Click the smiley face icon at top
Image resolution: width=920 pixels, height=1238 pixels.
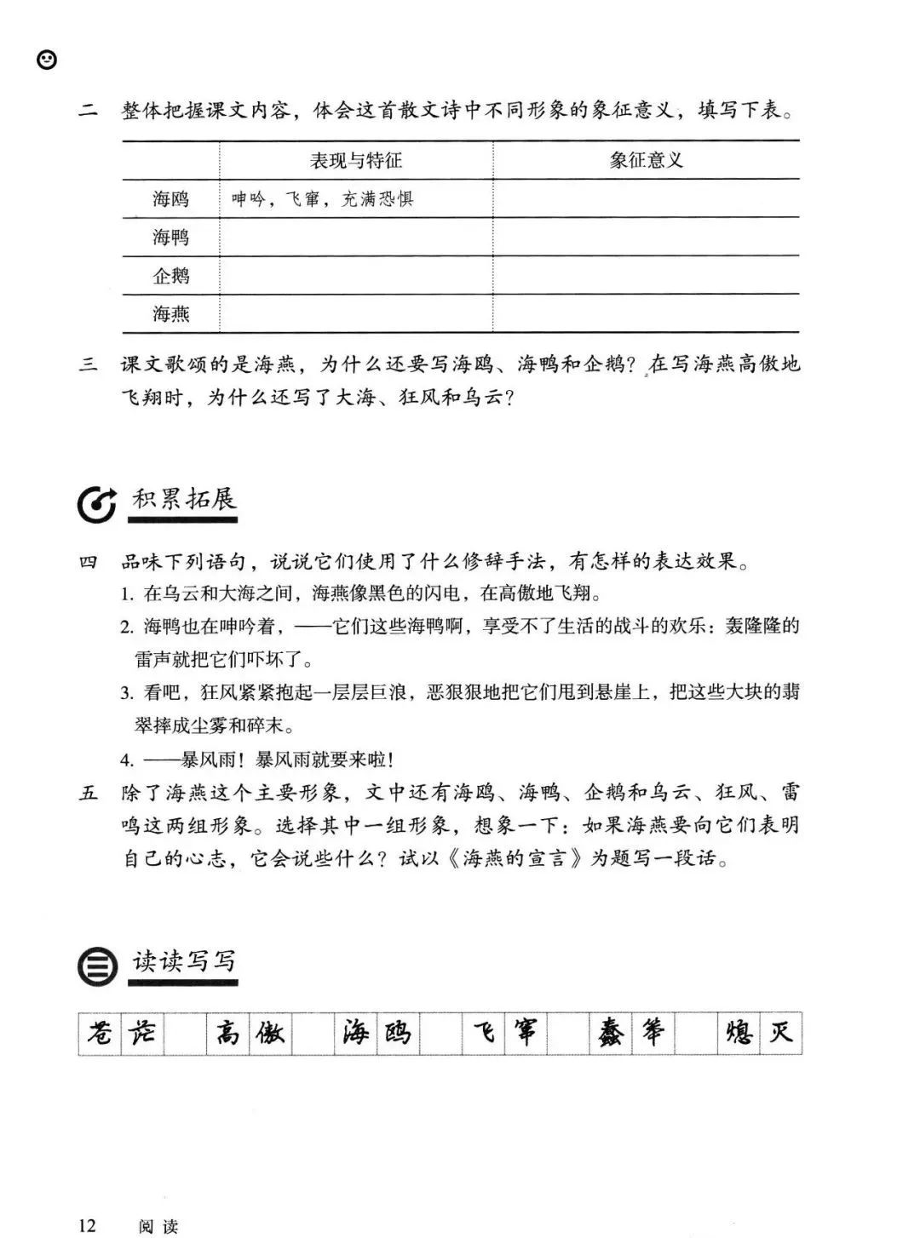48,60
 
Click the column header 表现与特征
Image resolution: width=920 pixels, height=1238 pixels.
356,160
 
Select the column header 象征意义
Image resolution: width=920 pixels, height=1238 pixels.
647,160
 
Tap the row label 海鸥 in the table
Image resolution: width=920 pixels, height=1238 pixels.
171,199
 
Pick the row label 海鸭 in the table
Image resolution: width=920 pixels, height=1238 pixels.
171,238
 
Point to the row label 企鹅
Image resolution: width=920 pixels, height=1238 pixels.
171,276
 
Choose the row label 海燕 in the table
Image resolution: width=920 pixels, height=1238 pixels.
171,314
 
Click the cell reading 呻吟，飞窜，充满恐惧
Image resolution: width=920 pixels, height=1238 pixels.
323,199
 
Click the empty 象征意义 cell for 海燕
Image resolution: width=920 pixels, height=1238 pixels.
647,314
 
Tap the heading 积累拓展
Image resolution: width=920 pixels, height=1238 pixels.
184,499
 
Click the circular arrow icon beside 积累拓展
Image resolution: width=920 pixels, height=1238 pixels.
95,504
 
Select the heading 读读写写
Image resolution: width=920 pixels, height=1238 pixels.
184,961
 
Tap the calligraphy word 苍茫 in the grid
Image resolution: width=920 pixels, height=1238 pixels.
121,1034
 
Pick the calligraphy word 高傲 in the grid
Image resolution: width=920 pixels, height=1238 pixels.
249,1034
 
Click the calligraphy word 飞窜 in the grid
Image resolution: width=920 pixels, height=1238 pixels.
505,1034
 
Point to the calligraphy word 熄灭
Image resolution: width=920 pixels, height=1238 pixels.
760,1034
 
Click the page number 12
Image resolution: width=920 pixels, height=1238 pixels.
88,1225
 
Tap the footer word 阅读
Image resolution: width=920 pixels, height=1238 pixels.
158,1226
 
